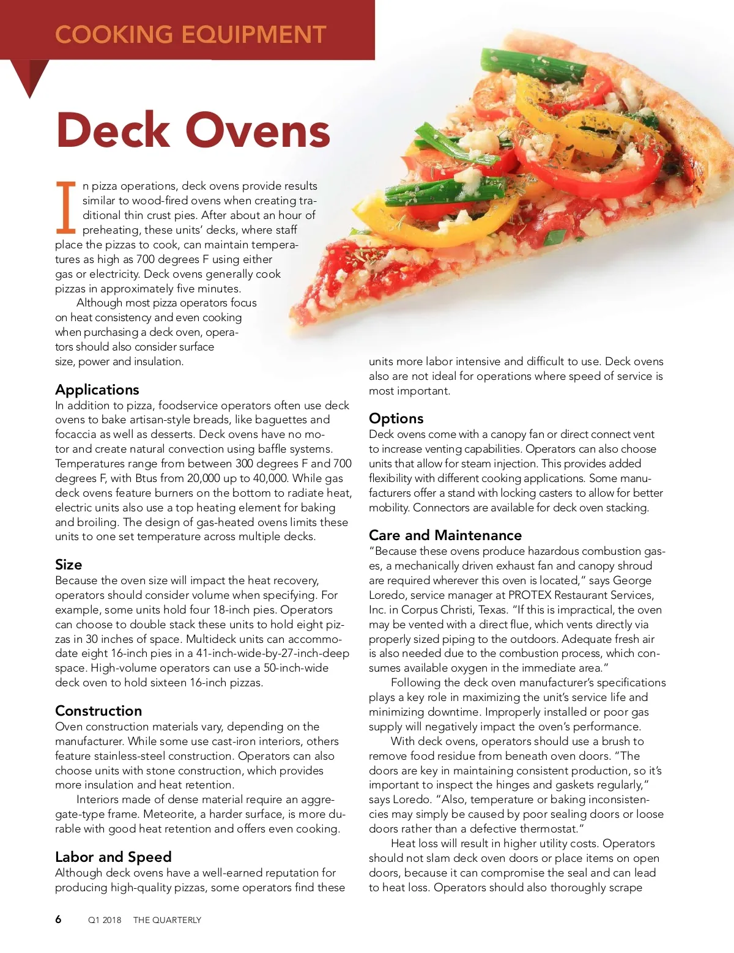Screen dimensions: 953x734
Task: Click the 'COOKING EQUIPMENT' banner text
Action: coord(190,34)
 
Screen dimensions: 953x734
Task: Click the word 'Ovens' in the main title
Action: coord(258,130)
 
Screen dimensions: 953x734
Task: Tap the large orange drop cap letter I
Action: coord(65,207)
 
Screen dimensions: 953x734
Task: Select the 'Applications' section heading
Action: coord(97,390)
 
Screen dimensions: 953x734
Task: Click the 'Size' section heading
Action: coord(69,565)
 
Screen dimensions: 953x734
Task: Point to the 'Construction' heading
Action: coord(98,711)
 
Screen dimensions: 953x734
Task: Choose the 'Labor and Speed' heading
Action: coord(113,857)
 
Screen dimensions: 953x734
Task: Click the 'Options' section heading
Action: coord(396,418)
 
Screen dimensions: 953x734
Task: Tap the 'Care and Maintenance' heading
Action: coord(445,535)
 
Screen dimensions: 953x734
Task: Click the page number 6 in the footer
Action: coord(58,919)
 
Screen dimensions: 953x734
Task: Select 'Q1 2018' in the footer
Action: coord(105,920)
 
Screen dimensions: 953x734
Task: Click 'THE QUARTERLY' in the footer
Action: coord(167,920)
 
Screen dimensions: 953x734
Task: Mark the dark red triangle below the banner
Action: coord(30,76)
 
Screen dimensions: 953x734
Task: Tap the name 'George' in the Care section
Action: coord(632,580)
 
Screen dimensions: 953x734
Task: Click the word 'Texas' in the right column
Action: coord(491,610)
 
